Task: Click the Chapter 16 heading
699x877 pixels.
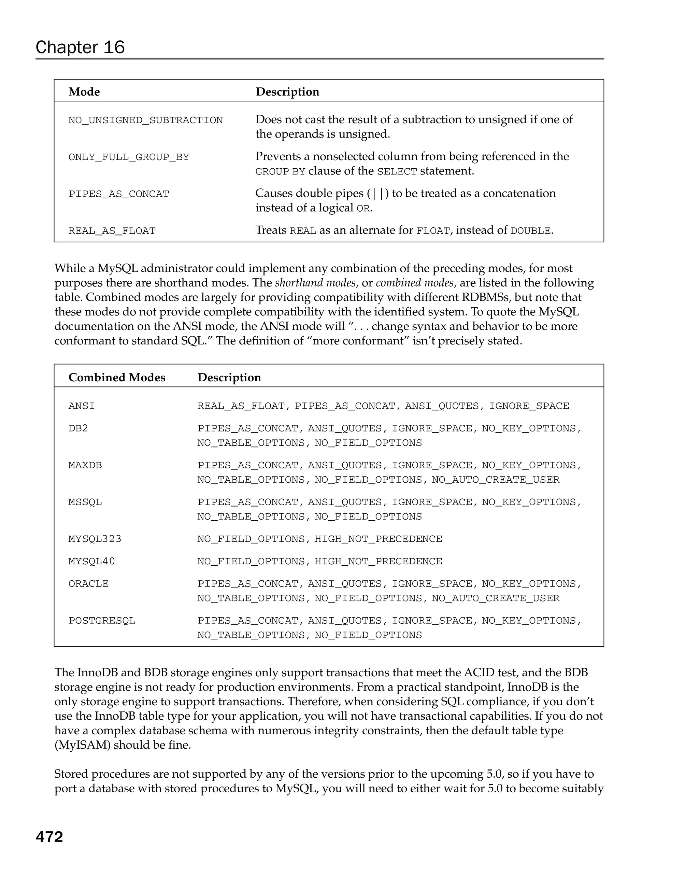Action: point(80,47)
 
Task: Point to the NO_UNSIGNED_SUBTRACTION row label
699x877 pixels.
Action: point(146,121)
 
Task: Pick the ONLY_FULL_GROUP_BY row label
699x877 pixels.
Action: point(128,157)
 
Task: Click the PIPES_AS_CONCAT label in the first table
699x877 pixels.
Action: point(119,194)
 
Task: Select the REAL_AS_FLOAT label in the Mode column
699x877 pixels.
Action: point(112,231)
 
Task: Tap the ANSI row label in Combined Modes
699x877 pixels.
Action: point(81,406)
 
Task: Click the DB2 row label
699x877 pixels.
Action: point(78,428)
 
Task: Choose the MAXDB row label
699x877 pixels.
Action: point(85,465)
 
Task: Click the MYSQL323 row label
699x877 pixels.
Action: point(95,539)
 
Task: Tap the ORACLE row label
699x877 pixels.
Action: point(88,584)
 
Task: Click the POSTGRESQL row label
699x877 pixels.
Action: point(102,621)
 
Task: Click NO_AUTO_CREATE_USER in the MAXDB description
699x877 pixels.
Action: point(495,480)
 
